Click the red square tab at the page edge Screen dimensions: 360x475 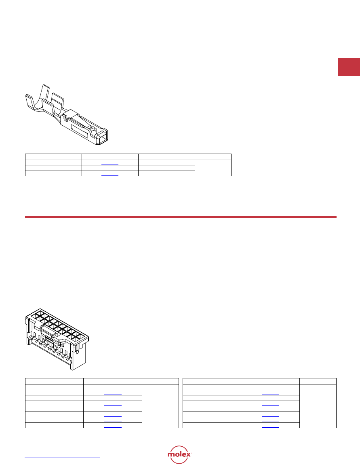pos(349,67)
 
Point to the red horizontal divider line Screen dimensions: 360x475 pos(181,217)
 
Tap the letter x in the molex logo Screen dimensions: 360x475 pos(188,454)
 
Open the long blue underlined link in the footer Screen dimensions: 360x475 pos(62,458)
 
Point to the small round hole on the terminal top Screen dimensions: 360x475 pos(90,127)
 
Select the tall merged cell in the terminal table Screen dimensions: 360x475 pos(213,168)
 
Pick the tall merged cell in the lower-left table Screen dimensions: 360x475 pos(160,406)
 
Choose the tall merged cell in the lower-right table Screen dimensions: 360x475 pos(318,406)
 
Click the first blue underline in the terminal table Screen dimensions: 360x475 pos(110,165)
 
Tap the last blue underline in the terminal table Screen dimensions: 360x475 pos(110,175)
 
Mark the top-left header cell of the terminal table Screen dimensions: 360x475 pos(54,157)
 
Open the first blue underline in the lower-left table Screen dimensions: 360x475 pos(113,389)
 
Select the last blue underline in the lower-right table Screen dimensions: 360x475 pos(270,427)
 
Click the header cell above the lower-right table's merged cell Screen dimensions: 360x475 pos(318,381)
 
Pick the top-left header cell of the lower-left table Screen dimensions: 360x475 pos(55,381)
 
